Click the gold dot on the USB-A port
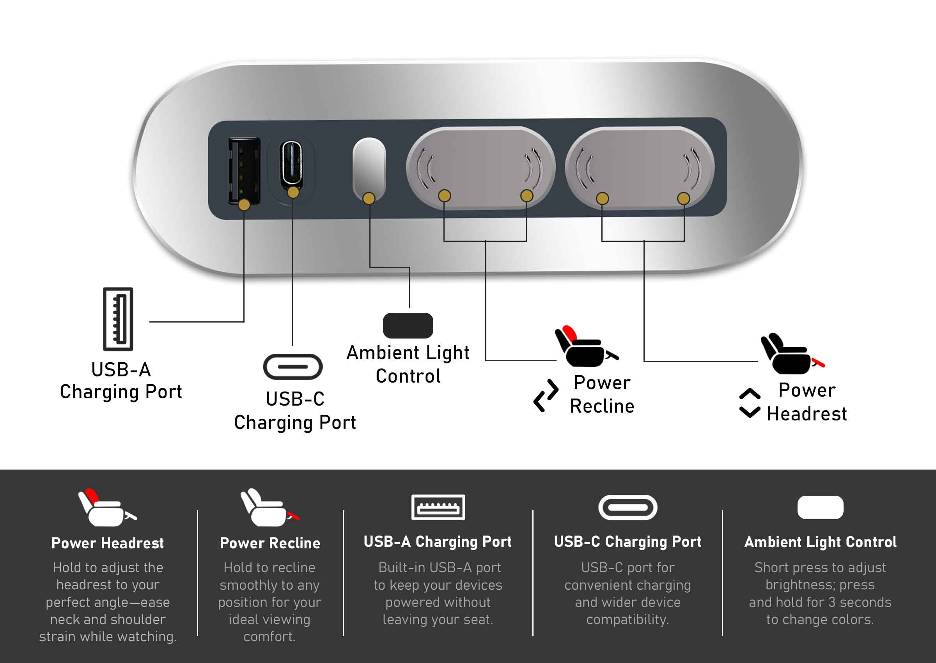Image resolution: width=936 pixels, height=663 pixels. pos(244,204)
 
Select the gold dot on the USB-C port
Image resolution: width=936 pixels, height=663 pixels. pos(293,192)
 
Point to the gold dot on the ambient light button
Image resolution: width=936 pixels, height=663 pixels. pos(369,199)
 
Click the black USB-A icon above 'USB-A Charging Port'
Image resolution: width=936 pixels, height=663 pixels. pos(118,319)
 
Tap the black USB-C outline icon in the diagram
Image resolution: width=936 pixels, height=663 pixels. pos(292,366)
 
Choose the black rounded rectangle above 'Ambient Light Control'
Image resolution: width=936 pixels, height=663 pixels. pos(408,325)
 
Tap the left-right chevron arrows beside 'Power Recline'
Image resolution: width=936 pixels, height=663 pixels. pos(546,395)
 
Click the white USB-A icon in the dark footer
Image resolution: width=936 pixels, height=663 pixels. pos(438,507)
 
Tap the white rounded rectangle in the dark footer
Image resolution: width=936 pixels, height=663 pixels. pos(820,507)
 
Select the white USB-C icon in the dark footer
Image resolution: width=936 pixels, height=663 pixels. pos(628,507)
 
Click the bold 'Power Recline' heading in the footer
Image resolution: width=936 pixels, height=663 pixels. pos(270,543)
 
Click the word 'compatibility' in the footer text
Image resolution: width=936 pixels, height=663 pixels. pos(628,619)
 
